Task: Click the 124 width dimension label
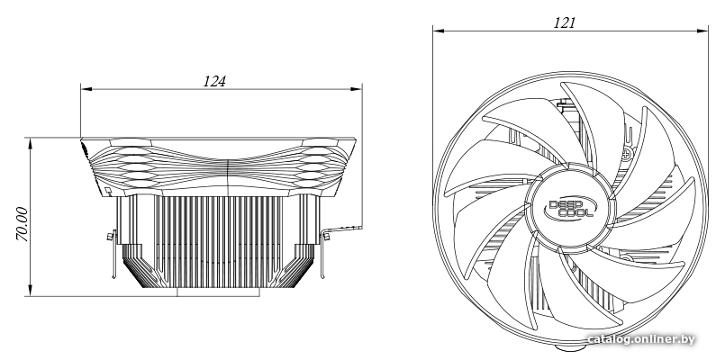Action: [214, 81]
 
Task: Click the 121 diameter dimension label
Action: [565, 22]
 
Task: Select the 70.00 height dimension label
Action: [22, 223]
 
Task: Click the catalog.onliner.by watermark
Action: [641, 339]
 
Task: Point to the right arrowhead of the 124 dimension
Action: [356, 89]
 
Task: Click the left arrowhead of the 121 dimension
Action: [439, 31]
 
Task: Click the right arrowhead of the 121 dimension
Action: [702, 31]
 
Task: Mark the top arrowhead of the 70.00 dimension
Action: [31, 143]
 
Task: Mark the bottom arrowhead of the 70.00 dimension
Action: [31, 290]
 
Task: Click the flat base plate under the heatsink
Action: [218, 292]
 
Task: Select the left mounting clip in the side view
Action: [112, 253]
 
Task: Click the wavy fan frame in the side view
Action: [218, 167]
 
